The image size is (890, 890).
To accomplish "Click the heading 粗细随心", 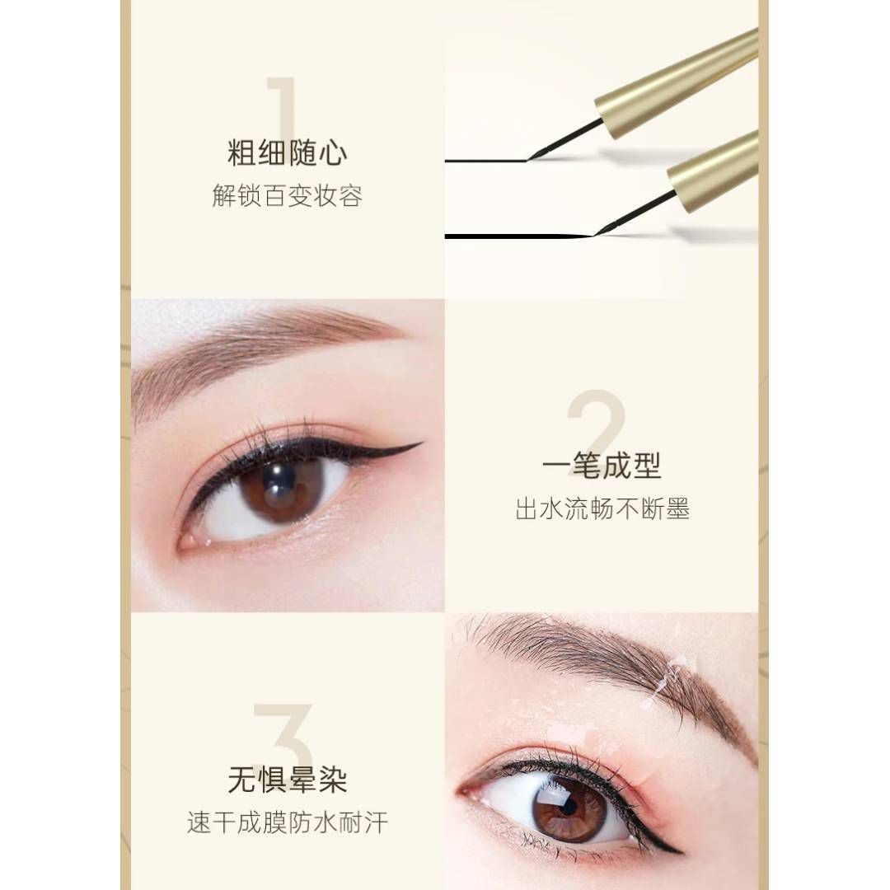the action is [x=287, y=153].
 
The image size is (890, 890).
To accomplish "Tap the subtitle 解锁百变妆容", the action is [x=288, y=196].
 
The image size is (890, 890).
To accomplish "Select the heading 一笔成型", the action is [x=602, y=466].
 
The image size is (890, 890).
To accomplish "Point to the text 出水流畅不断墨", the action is [x=602, y=508].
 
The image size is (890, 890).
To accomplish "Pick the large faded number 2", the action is [x=596, y=423].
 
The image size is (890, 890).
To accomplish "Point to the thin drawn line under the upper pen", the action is [x=486, y=162].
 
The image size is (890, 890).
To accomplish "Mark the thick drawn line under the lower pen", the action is [x=519, y=236].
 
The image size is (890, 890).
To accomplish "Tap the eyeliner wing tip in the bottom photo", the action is [x=682, y=851].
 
